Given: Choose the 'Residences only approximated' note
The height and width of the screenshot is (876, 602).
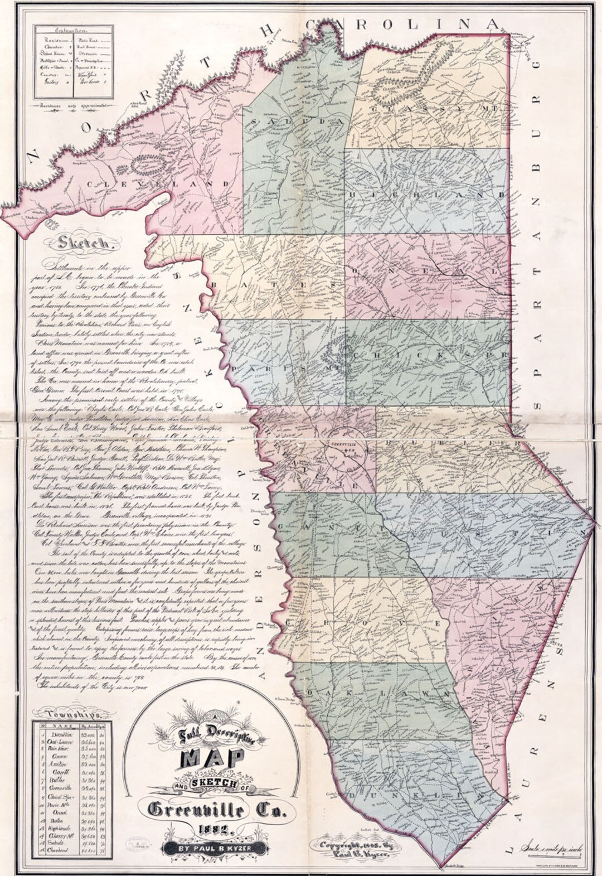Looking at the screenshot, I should tap(72, 104).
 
